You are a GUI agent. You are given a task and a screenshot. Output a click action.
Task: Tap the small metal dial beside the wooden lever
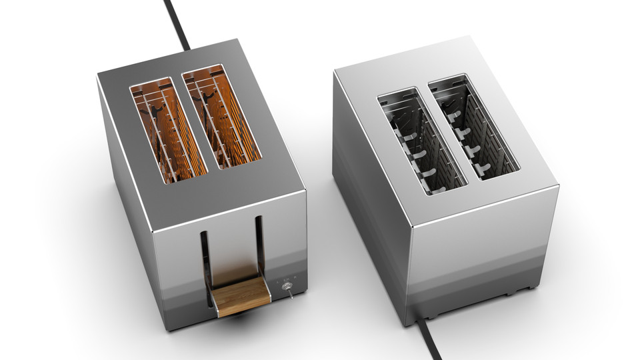(x=288, y=286)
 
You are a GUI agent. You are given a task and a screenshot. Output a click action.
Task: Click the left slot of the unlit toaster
(x=420, y=143)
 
